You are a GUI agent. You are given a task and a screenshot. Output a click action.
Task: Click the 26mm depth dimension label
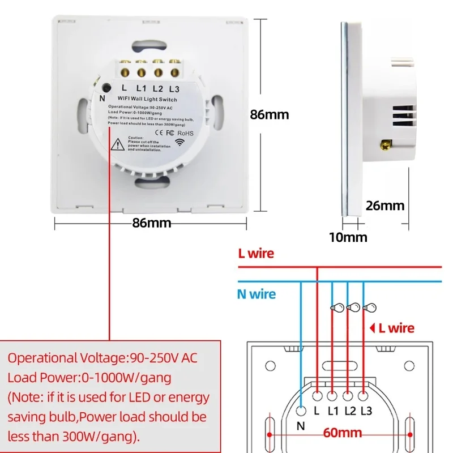click(385, 206)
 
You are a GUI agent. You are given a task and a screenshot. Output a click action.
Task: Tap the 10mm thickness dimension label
click(348, 237)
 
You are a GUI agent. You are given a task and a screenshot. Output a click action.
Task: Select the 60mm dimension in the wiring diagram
click(343, 434)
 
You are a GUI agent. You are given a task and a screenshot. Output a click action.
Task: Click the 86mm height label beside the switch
click(270, 114)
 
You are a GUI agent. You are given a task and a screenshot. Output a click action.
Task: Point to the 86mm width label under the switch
click(151, 223)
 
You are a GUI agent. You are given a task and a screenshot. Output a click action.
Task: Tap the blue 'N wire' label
click(257, 294)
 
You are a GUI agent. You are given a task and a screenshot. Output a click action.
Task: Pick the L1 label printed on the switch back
click(141, 88)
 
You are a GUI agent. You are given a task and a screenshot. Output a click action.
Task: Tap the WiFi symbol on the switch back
click(180, 143)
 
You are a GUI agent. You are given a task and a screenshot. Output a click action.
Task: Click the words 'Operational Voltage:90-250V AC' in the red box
click(102, 358)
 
